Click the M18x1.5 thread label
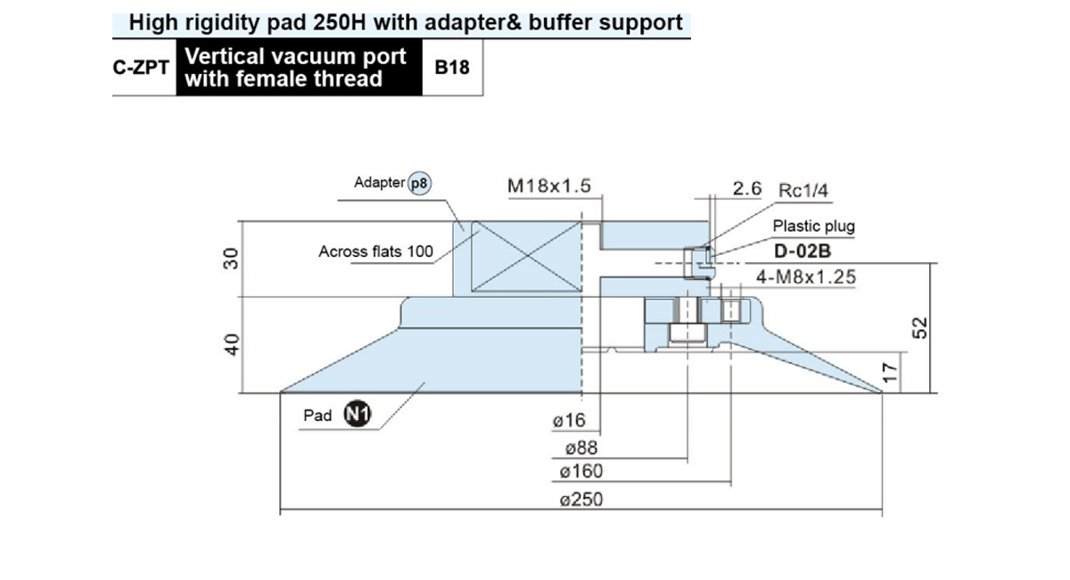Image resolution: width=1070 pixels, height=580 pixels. tap(549, 186)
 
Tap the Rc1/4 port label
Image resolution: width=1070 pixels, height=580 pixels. tap(803, 190)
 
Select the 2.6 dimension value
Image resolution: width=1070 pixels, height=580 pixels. tap(747, 188)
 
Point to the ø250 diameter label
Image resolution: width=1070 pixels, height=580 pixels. tap(581, 500)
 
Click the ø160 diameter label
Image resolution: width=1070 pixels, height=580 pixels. tap(581, 471)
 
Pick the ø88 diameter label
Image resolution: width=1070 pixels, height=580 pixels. tap(581, 448)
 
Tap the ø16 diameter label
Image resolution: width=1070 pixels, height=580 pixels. tap(569, 420)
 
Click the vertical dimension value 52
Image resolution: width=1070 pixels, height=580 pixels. tap(919, 328)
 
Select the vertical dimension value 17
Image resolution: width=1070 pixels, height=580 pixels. tap(891, 372)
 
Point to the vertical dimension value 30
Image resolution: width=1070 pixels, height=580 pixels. tap(231, 259)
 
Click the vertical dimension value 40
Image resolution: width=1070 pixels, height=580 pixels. tap(232, 344)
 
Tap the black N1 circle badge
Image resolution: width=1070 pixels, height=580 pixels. tap(358, 414)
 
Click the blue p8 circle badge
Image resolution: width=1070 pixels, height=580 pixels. tap(419, 183)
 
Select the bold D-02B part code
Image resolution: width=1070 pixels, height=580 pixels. tap(802, 251)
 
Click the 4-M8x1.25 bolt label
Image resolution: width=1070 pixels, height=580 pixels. tap(806, 277)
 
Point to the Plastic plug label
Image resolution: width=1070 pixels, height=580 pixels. tap(814, 226)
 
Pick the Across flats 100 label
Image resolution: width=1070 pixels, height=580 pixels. tap(376, 252)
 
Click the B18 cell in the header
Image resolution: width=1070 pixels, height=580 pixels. tap(452, 68)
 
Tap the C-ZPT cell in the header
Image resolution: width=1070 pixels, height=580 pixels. tap(142, 68)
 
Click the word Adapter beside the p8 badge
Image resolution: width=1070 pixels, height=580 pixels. tap(379, 182)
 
